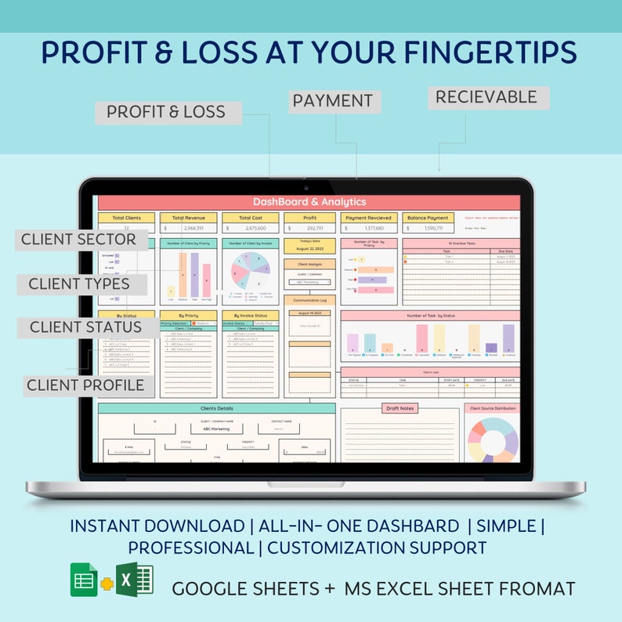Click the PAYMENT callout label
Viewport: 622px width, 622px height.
pos(332,101)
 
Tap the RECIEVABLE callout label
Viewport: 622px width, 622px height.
pos(486,97)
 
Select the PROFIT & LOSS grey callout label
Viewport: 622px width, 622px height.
pos(166,112)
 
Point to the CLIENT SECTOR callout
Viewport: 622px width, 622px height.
pos(78,239)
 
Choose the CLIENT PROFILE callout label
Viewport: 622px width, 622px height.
pos(85,385)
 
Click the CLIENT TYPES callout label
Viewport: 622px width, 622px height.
pos(79,284)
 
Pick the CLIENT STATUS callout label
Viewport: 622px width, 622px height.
pos(86,327)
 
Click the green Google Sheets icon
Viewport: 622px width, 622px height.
pos(83,580)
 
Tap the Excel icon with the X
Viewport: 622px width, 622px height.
pos(135,580)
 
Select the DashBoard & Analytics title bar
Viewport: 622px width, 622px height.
pos(309,202)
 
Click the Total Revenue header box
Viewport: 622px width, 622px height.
pos(189,218)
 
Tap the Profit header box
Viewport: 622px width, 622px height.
pos(309,218)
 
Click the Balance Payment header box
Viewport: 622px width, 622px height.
pos(428,218)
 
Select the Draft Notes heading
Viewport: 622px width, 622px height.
pos(400,408)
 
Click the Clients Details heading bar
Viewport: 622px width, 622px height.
pos(217,408)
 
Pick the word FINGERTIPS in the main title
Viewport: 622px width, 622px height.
pos(485,52)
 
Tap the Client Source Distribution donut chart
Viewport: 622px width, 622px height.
pos(492,440)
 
